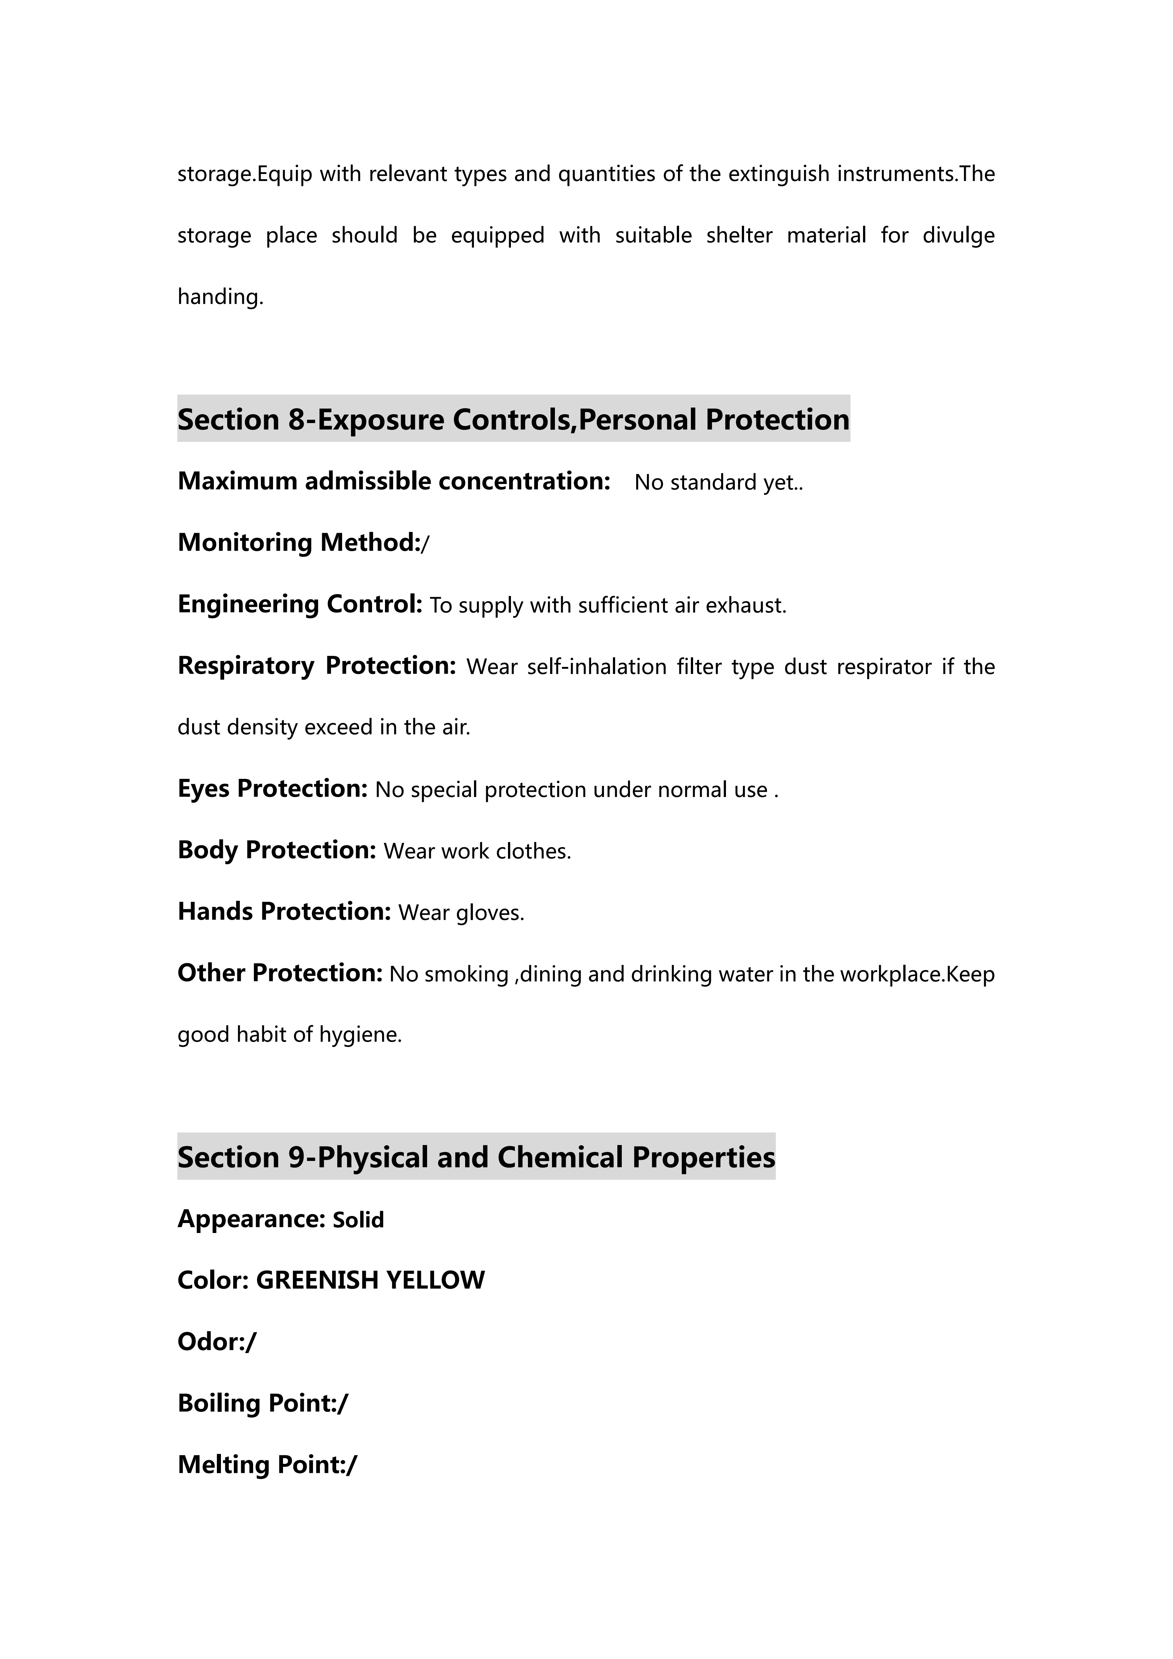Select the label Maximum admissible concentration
click(394, 481)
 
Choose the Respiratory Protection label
click(316, 665)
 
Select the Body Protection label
click(277, 850)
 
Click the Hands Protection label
click(284, 912)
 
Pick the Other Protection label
click(280, 973)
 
